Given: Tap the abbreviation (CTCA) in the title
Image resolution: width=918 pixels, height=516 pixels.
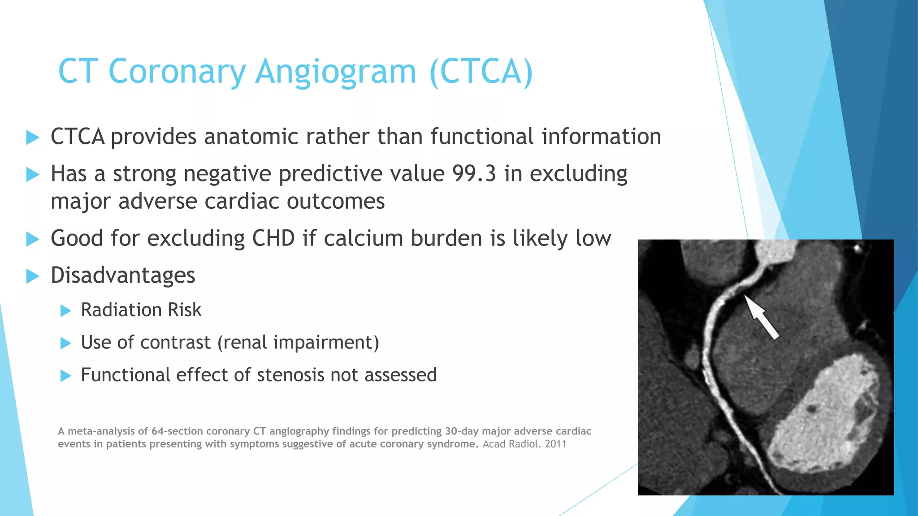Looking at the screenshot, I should (x=481, y=72).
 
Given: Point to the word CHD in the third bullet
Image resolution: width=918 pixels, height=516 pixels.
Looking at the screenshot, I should (x=273, y=238).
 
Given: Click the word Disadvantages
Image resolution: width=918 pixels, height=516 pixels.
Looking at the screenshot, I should (x=123, y=275).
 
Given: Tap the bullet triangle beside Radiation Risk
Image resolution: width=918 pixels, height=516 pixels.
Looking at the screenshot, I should (x=66, y=310).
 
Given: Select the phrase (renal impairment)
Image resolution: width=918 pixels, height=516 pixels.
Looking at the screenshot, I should (x=299, y=343).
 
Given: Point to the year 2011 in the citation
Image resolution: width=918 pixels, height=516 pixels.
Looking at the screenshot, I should (x=556, y=444).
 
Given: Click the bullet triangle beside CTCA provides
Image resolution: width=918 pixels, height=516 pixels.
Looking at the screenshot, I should (x=33, y=137).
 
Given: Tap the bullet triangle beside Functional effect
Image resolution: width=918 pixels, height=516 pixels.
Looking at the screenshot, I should (x=66, y=375).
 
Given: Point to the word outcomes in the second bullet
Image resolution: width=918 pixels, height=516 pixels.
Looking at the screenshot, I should (x=336, y=202).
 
